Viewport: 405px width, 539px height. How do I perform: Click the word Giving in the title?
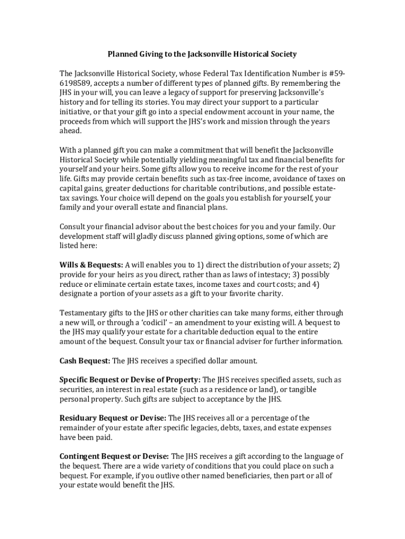tap(150, 54)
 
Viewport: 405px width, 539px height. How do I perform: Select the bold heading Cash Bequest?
tap(85, 361)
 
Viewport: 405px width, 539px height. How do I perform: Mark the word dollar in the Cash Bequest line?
tap(215, 361)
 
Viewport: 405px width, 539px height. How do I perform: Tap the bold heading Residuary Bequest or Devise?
tap(113, 418)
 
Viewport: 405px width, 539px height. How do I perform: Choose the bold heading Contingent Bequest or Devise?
tap(114, 456)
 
